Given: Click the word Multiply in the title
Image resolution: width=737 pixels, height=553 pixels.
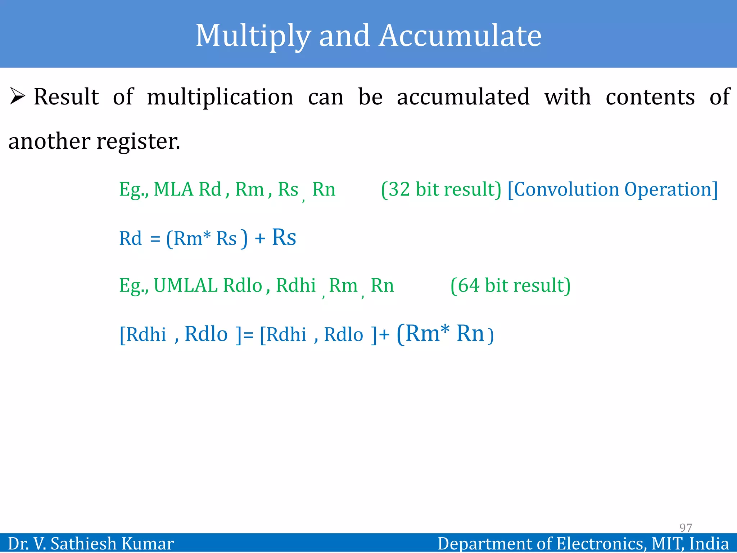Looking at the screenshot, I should (x=253, y=36).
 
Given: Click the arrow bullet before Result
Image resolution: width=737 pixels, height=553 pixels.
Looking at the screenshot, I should (x=17, y=96).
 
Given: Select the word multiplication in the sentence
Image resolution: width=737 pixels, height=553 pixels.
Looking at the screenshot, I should (x=220, y=97).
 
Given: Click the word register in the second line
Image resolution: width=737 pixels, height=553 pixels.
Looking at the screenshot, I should (x=138, y=142).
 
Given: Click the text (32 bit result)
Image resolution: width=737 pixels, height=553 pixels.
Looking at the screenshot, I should (x=441, y=189).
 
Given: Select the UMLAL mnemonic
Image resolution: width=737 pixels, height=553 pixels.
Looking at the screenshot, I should (x=186, y=286).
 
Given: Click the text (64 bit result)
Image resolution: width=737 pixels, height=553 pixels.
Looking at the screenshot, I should (x=510, y=286).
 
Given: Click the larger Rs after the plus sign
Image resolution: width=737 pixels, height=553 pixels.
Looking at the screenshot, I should (x=284, y=238).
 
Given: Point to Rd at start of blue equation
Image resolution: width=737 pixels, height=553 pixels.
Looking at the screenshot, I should (x=130, y=238).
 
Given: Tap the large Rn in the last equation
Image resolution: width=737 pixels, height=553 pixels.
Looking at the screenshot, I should (x=470, y=333).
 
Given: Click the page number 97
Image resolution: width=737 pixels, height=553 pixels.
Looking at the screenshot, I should (x=685, y=527).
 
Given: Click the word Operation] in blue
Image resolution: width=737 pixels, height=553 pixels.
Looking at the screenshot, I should (x=671, y=189).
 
